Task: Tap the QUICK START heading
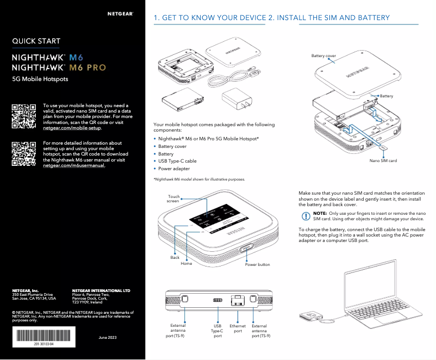coord(36,41)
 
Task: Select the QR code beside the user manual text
coord(24,153)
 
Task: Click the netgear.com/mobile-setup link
coord(72,128)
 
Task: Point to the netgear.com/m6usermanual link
coord(74,165)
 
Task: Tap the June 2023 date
coord(107,338)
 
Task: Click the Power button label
coord(257,265)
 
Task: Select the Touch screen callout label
coord(173,199)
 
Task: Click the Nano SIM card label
coord(383,161)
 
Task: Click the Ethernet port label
coord(238,328)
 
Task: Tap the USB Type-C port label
coord(217,331)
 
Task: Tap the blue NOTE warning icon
coord(305,216)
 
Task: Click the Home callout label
coord(186,263)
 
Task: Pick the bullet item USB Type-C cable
coord(177,161)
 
